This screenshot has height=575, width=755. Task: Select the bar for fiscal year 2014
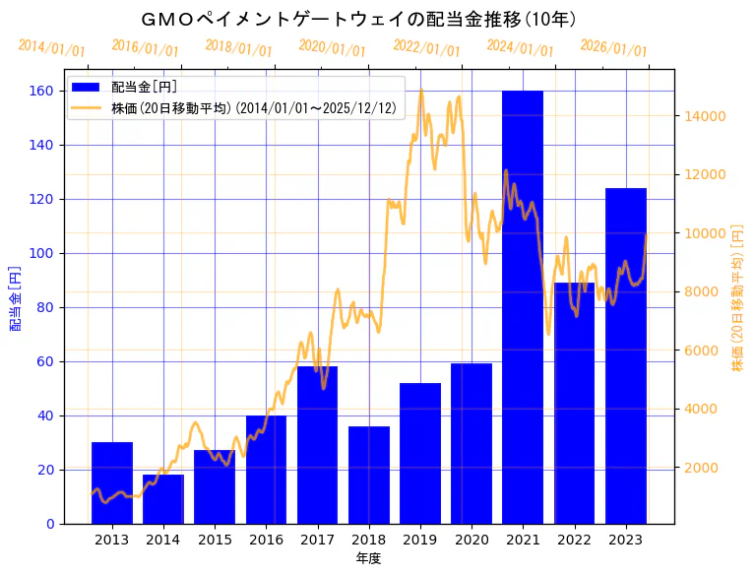[163, 499]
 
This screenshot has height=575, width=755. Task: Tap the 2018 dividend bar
[369, 475]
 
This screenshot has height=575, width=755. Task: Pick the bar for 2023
[626, 355]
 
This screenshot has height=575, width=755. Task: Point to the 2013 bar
[112, 482]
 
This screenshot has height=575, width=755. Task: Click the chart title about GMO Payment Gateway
[358, 19]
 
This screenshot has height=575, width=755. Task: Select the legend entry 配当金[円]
[144, 88]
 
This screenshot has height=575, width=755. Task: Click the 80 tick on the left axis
[46, 307]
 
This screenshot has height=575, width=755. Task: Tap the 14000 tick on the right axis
[704, 116]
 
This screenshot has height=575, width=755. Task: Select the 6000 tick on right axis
[704, 351]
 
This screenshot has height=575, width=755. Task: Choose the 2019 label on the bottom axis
[420, 540]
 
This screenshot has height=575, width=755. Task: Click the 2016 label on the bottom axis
[266, 540]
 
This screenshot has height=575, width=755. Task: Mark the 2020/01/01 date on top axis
[332, 48]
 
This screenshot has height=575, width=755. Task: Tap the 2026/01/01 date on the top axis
[613, 48]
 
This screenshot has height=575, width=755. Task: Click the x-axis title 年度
[368, 558]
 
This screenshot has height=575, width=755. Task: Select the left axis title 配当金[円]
[15, 298]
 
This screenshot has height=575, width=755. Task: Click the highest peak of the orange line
[421, 91]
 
